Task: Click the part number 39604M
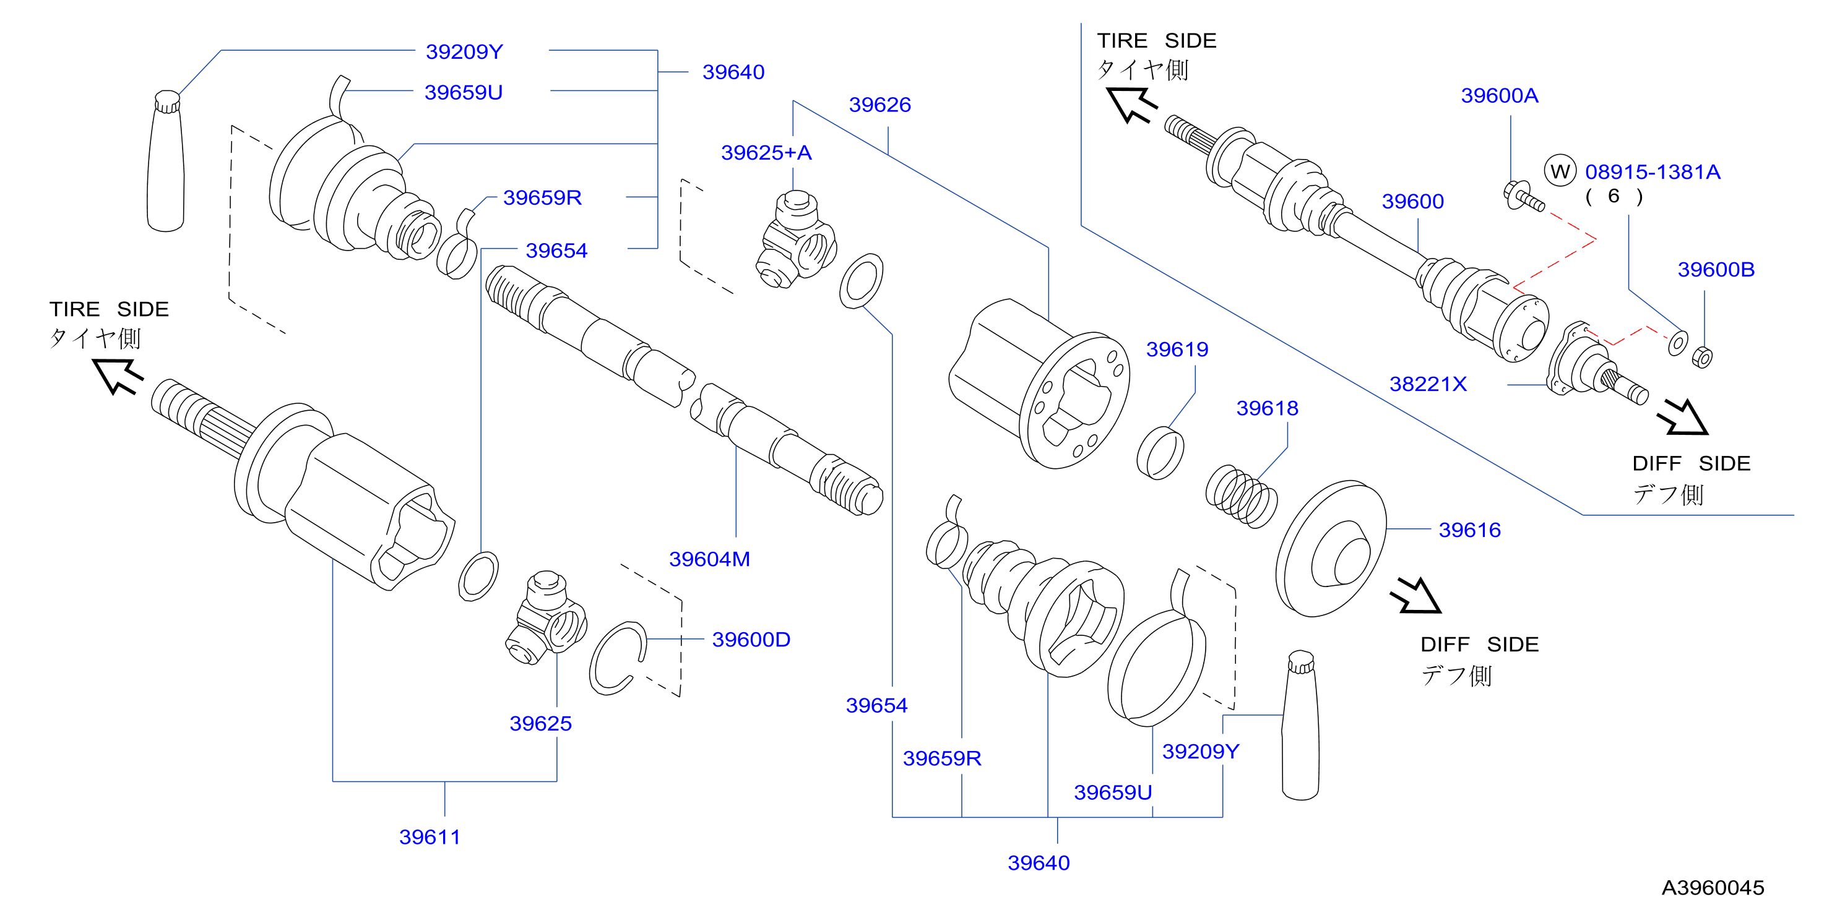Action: (x=709, y=559)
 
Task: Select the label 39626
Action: (x=879, y=105)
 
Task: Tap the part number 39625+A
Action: (x=766, y=153)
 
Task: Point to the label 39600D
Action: (x=751, y=640)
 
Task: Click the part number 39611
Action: (x=430, y=836)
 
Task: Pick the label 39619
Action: (x=1177, y=350)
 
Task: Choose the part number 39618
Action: (x=1267, y=408)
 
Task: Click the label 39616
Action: (x=1470, y=530)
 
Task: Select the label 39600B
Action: (x=1716, y=270)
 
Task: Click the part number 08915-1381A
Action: (x=1653, y=172)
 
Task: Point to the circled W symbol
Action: (x=1560, y=171)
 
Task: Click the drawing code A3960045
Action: (x=1713, y=888)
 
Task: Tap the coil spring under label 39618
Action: (x=1241, y=497)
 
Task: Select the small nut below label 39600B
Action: (x=1702, y=356)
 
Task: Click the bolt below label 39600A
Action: (x=1523, y=197)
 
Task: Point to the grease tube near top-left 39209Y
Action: (x=165, y=161)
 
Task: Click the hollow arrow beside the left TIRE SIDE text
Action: (x=118, y=376)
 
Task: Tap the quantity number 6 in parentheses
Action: (x=1614, y=196)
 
